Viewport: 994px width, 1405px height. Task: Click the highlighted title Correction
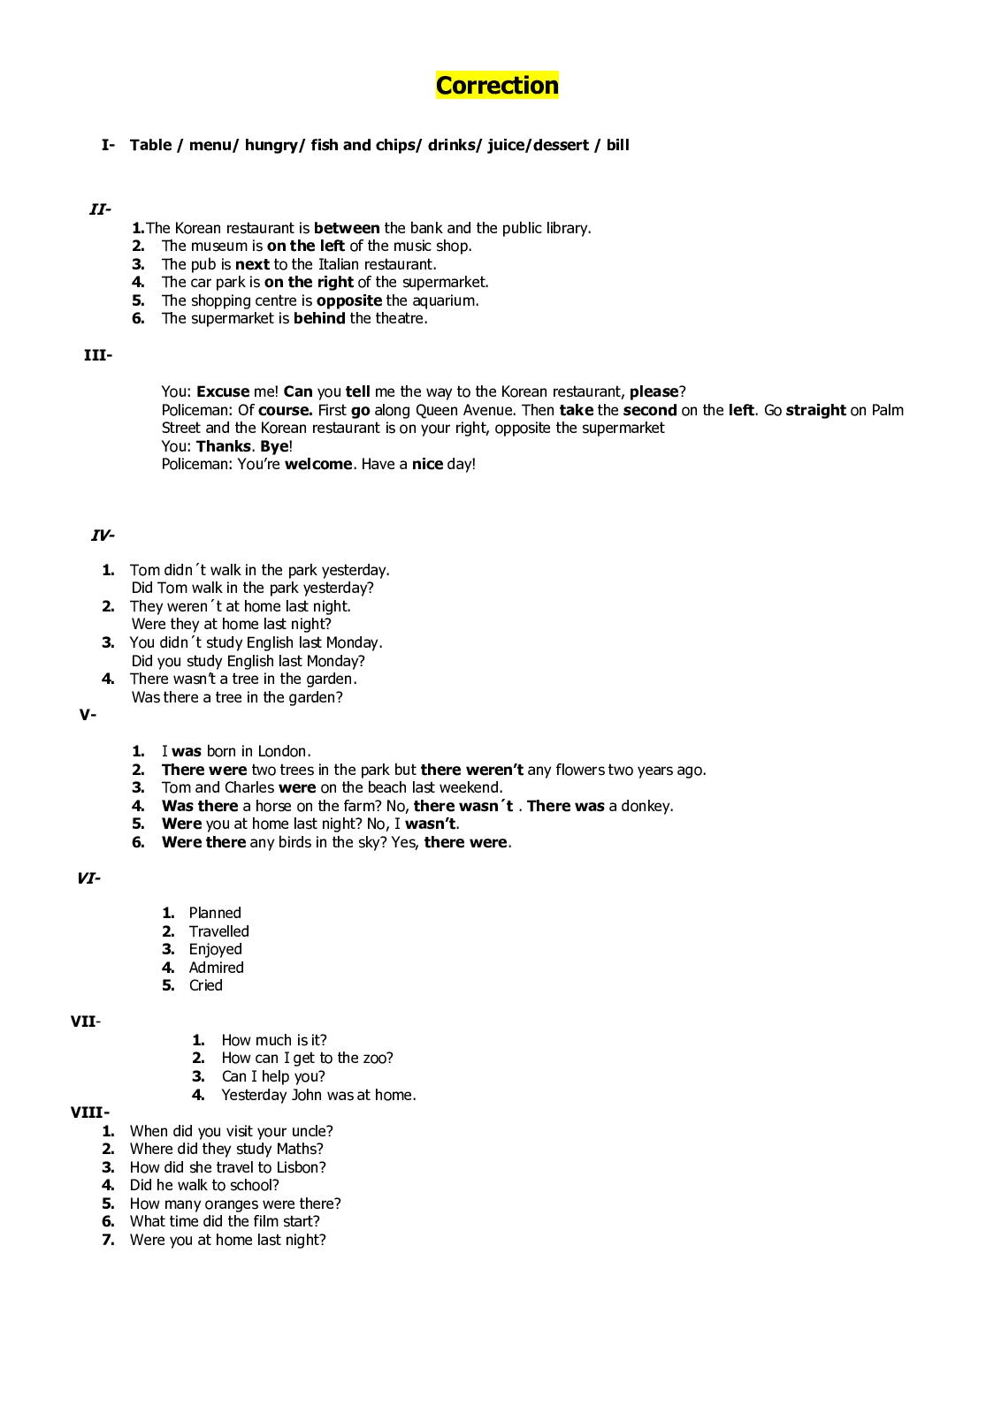point(497,86)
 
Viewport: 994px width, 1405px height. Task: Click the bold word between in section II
point(347,228)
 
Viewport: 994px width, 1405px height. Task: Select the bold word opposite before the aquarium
point(349,300)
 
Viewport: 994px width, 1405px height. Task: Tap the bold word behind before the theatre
point(319,319)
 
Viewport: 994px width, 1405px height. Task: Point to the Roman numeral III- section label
point(97,355)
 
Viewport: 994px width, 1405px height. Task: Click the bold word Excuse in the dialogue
point(223,391)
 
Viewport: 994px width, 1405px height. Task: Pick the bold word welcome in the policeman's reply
point(318,464)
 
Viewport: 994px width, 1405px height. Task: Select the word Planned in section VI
point(215,913)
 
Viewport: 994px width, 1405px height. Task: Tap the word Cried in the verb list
point(206,985)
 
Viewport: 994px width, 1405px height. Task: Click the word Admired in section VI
point(217,968)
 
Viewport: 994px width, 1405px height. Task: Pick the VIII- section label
point(90,1113)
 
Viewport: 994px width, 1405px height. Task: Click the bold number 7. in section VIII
point(109,1240)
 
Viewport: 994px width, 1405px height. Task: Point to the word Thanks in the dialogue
point(224,446)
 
